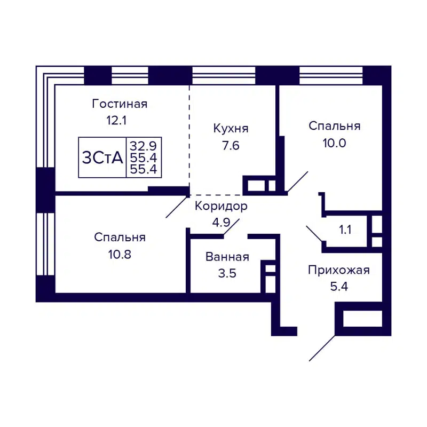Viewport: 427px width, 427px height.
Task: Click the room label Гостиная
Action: coord(120,104)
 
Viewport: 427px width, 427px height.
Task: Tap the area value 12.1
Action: coord(116,121)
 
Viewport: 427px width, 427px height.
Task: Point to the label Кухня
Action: coord(231,129)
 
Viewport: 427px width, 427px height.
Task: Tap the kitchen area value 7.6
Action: coord(231,146)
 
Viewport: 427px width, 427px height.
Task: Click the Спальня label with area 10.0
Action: coord(335,126)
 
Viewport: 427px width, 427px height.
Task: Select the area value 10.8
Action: coord(120,254)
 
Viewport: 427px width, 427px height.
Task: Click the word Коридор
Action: coord(221,206)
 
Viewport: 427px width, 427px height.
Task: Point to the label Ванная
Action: coord(227,257)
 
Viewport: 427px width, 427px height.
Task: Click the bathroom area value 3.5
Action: coord(227,274)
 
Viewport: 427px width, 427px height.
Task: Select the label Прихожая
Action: coord(338,270)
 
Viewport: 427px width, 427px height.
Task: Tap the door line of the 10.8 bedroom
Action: coord(177,207)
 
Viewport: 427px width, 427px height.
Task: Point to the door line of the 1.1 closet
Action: coord(314,234)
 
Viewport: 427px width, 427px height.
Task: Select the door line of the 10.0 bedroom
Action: coord(297,182)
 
